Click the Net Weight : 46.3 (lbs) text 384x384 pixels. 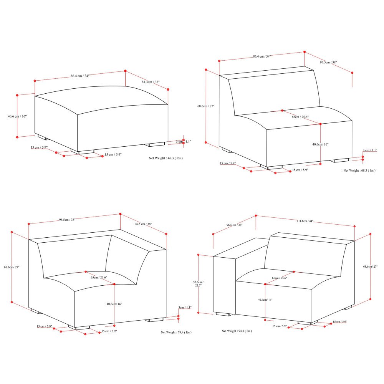tap(166, 158)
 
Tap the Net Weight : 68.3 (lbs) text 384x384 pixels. tap(359, 170)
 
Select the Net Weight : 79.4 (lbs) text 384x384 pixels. tap(176, 332)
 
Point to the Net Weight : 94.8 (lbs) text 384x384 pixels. tap(237, 331)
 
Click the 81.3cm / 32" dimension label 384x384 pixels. tap(151, 82)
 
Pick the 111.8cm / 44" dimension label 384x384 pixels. tap(305, 221)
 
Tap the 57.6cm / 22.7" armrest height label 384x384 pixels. tap(198, 284)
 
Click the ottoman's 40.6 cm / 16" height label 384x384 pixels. tap(17, 116)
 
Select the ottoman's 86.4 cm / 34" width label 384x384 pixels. tap(80, 76)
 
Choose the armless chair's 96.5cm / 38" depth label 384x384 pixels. tap(328, 62)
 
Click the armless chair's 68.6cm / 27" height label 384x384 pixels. tap(206, 106)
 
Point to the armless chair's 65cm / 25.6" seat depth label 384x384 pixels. tap(300, 117)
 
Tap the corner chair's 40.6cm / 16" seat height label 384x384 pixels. tap(114, 304)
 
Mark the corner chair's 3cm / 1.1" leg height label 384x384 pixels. tap(185, 307)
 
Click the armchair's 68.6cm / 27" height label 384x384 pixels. tap(371, 266)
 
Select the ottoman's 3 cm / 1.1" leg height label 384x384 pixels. tap(184, 142)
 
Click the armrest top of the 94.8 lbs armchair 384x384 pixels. tap(241, 248)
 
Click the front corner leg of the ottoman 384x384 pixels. tap(83, 152)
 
